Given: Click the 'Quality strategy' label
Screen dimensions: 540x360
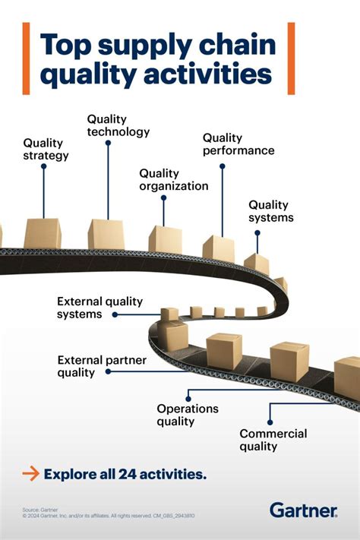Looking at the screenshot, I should coord(46,149).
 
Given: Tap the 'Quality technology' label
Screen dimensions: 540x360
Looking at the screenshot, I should coord(118,125).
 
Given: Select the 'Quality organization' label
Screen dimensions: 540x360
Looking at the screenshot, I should coord(173,179).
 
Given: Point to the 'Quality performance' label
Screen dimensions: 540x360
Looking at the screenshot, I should coord(238,144).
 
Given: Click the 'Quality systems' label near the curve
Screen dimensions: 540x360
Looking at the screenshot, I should coord(270,211).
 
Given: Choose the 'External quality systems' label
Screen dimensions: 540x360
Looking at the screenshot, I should coord(100,308).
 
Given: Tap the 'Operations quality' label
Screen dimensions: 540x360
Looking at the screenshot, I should coord(188,415).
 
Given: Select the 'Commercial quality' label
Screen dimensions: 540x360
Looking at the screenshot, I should coord(273,440).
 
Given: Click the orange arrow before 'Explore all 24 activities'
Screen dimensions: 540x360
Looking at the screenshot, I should coord(30,474).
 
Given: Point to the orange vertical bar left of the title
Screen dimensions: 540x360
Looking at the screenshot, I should coord(26,58).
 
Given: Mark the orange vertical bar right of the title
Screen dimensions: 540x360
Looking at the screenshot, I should coord(290,58).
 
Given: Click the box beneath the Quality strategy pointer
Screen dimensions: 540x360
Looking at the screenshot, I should coord(43,233).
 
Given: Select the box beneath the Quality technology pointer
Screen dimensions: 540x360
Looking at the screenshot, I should coord(106,234).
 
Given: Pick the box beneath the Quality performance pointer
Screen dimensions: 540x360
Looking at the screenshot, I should coord(219,248).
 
